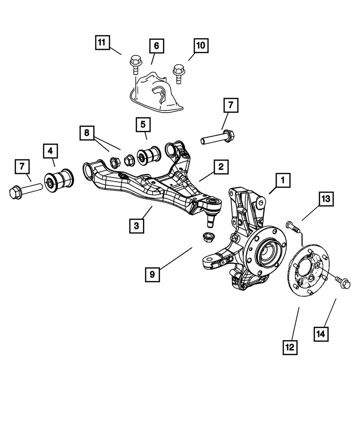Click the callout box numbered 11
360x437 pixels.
[x=102, y=42]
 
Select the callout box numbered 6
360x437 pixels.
[x=156, y=46]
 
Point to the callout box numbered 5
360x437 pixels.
[x=143, y=125]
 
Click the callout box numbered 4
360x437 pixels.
[x=50, y=151]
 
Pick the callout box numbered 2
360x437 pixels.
[x=220, y=167]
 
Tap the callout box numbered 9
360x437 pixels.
[x=152, y=274]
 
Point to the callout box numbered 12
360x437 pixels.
[x=290, y=347]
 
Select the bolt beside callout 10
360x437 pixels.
[x=177, y=72]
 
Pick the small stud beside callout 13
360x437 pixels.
[x=292, y=227]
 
